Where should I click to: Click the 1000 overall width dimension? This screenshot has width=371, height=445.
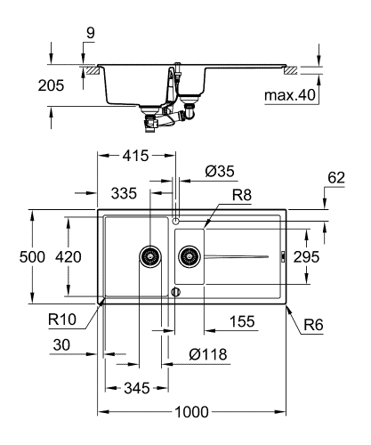[x=191, y=412]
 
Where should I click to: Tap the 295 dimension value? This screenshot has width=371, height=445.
[x=331, y=256]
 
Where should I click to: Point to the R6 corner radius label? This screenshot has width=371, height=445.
[x=312, y=326]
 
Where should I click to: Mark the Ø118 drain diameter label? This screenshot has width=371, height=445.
[x=210, y=354]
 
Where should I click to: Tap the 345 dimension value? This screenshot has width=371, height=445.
[x=134, y=389]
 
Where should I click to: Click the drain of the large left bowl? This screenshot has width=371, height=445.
[x=149, y=257]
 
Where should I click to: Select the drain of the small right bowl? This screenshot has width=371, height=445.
[x=189, y=257]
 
